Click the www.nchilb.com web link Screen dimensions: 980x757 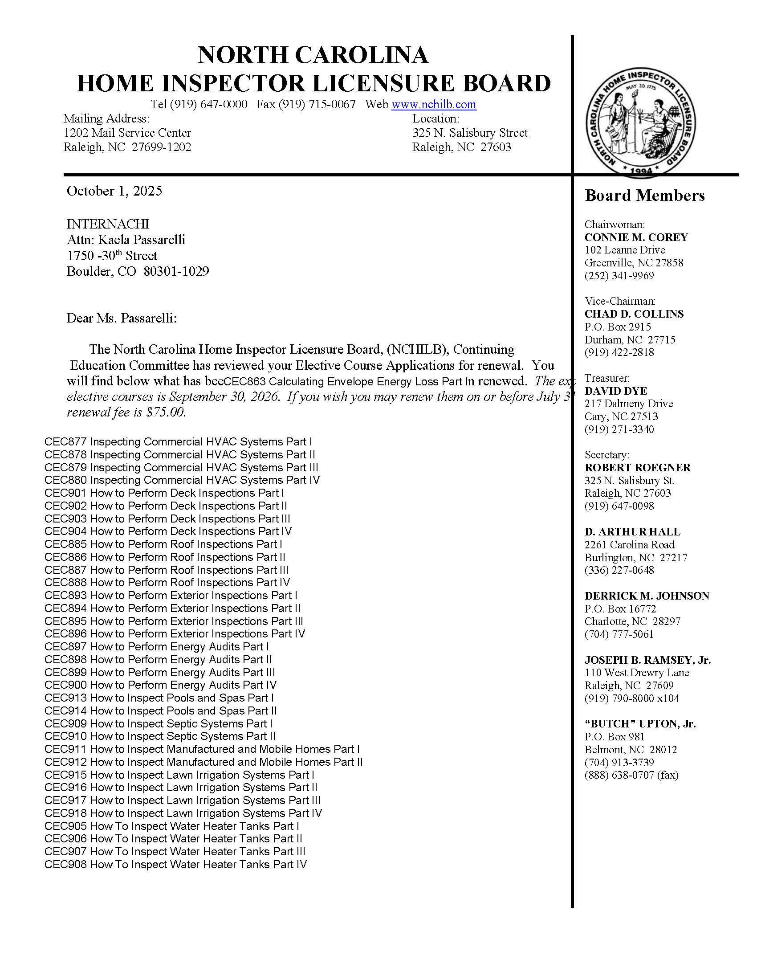[x=433, y=105]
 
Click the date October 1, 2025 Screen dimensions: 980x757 [x=114, y=191]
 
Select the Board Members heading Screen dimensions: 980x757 [x=644, y=196]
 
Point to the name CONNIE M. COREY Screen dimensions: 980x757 [x=636, y=237]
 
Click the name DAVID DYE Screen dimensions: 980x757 [x=616, y=391]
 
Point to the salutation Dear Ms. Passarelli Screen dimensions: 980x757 [x=122, y=318]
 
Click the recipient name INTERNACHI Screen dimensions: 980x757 [x=108, y=224]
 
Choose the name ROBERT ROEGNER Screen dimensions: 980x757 [x=637, y=468]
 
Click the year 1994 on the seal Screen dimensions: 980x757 [x=641, y=171]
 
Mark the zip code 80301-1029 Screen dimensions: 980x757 [x=176, y=271]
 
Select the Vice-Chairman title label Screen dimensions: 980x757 [x=620, y=301]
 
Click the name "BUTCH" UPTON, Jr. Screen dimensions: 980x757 [x=640, y=724]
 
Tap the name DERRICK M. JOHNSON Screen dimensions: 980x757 [x=647, y=596]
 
